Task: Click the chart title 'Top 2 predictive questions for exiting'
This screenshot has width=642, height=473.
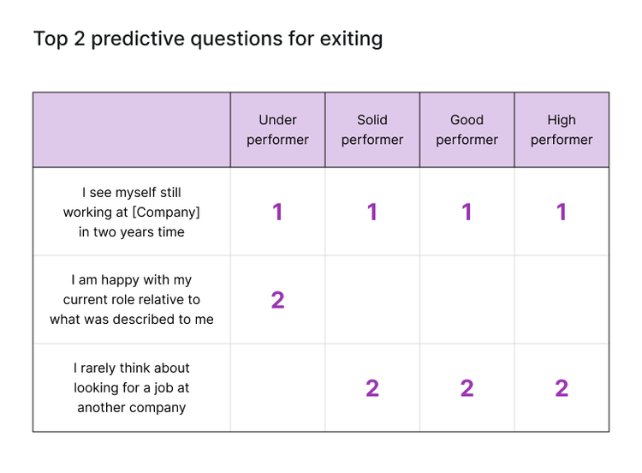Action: pos(208,39)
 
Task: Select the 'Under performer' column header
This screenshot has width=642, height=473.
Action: pos(277,129)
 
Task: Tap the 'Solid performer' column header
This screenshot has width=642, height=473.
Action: pos(372,129)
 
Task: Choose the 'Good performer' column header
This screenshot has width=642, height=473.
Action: pos(467,129)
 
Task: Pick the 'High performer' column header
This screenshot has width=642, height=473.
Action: pos(562,129)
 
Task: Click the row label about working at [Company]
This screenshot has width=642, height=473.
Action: pos(132,212)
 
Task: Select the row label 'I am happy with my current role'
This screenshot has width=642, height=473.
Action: pos(132,299)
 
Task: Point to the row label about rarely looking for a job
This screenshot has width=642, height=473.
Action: pos(132,387)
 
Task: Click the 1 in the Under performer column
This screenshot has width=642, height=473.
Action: pos(277,212)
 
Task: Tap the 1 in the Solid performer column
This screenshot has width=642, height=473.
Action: pos(372,212)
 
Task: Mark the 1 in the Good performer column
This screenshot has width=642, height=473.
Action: pos(467,212)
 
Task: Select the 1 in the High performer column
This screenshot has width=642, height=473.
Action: pos(562,212)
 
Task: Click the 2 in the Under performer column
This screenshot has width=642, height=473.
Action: pos(277,300)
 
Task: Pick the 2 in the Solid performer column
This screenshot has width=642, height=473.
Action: pos(372,388)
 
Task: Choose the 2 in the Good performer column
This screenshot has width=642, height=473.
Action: pos(467,388)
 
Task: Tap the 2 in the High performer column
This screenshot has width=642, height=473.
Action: pos(562,388)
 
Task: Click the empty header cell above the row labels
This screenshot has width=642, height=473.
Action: pos(132,129)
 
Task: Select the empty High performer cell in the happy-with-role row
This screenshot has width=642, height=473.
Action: pos(562,300)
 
